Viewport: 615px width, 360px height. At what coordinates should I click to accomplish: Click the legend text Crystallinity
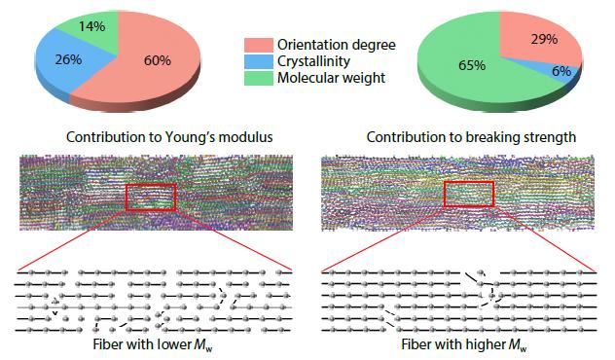pyautogui.click(x=314, y=60)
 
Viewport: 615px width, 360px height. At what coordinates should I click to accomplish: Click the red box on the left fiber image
pyautogui.click(x=150, y=196)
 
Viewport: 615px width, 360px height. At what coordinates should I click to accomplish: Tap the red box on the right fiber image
pyautogui.click(x=469, y=193)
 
